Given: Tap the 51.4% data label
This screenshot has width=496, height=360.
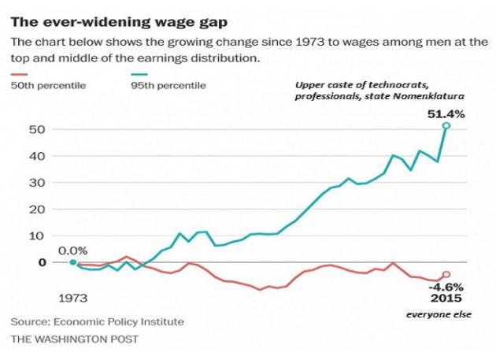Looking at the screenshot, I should coord(446,114).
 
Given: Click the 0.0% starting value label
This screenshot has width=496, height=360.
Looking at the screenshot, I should coord(73,251).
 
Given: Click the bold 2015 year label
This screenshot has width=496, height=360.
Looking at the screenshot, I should coord(446,299).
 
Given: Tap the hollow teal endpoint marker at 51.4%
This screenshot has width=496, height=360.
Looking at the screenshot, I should coord(446,126).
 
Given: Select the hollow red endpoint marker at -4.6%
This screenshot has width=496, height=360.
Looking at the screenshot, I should coord(446,275).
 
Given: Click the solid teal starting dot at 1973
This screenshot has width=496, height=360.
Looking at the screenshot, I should coord(72,262).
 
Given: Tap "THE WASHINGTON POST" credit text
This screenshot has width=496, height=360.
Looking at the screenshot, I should coord(74,339).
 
